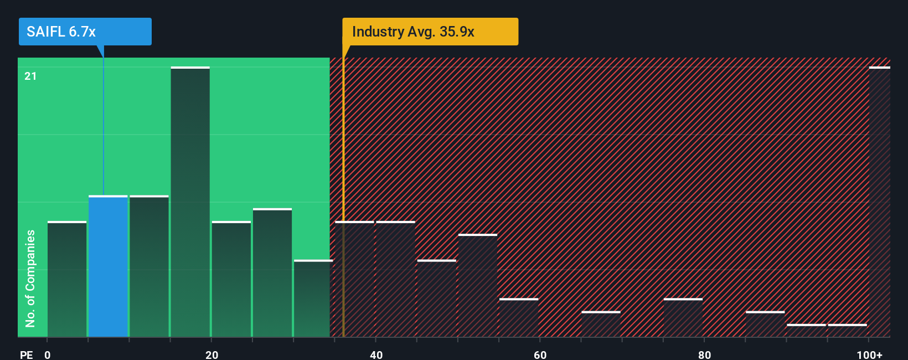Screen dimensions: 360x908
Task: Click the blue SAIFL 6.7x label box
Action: coord(85,32)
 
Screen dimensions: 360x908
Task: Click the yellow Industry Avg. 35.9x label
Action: coord(430,32)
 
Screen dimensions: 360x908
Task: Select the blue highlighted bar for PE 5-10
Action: coord(108,266)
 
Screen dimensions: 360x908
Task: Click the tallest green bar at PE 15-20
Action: coord(190,202)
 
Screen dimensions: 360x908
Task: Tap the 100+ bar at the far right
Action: coord(879,202)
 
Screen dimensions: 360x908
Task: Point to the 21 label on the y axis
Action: coord(30,76)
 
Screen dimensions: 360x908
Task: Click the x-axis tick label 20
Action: coord(211,354)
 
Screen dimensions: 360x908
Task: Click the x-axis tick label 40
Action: coord(376,354)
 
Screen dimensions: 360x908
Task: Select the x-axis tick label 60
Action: coord(540,354)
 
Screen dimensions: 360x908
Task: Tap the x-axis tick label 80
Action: coord(704,354)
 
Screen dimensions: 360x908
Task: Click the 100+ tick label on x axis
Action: coord(869,354)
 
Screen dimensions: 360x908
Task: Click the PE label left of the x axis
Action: coord(26,354)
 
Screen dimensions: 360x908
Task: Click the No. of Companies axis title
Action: coord(30,278)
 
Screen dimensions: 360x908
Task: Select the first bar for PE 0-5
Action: coord(67,280)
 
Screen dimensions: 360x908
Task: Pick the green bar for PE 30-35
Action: coord(313,299)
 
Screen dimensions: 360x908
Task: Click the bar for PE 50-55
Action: coord(478,286)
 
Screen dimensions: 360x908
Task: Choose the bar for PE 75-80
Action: coord(683,318)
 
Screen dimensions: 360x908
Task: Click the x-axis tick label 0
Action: coord(48,354)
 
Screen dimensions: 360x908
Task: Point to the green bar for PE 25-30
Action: coord(272,273)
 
